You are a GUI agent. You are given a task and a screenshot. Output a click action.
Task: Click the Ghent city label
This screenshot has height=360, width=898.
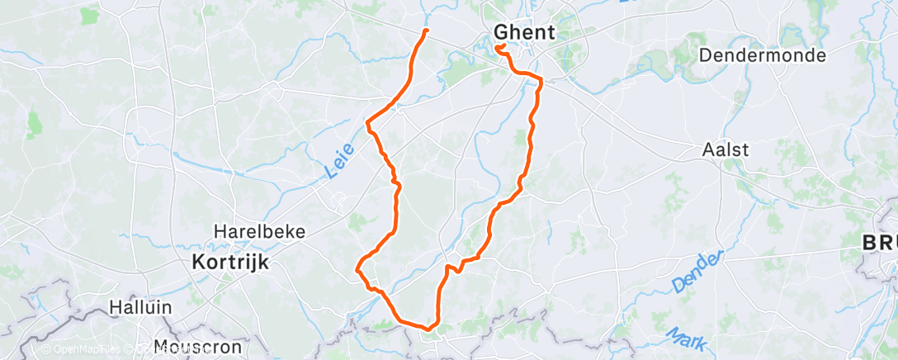pyautogui.click(x=525, y=32)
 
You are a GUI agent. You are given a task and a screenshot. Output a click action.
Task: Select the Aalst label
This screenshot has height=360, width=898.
pyautogui.click(x=725, y=150)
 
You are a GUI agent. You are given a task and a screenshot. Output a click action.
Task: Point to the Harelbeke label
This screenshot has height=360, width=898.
pyautogui.click(x=248, y=232)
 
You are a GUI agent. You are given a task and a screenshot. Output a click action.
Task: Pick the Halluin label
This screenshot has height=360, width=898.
pyautogui.click(x=140, y=306)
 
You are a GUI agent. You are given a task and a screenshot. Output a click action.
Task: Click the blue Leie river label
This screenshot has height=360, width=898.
pyautogui.click(x=339, y=160)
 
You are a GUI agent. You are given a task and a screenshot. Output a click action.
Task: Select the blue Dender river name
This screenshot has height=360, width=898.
pyautogui.click(x=697, y=270)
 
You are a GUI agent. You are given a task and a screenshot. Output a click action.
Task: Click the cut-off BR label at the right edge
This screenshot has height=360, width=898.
pyautogui.click(x=880, y=244)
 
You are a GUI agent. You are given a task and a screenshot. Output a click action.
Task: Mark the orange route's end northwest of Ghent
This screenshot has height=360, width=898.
pyautogui.click(x=426, y=31)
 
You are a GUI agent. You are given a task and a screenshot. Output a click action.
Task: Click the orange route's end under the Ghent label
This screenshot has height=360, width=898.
pyautogui.click(x=499, y=47)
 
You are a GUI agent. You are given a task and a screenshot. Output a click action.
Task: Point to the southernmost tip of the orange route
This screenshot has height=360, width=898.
pyautogui.click(x=428, y=329)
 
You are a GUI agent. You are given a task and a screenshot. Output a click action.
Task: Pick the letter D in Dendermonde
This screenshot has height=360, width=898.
pyautogui.click(x=705, y=55)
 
